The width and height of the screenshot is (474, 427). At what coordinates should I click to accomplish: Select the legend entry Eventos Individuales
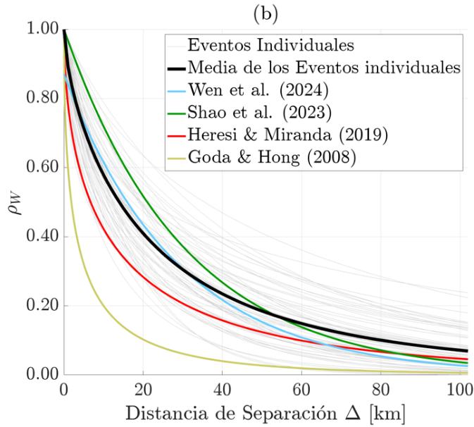(263, 47)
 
